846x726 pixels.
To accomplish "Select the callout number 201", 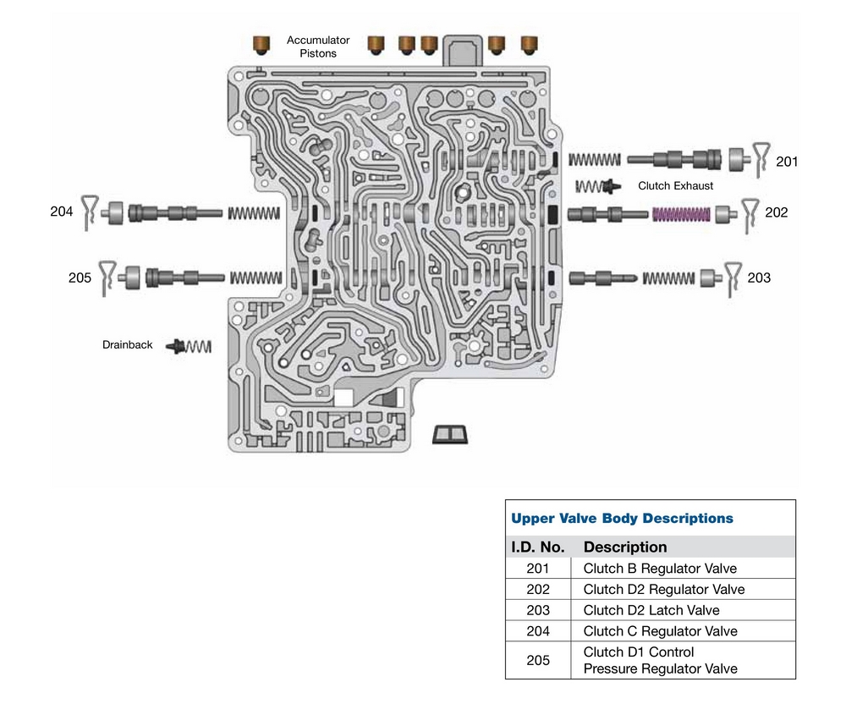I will tap(787, 162).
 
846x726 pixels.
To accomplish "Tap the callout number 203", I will tap(759, 278).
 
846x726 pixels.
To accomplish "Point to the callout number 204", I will tap(62, 213).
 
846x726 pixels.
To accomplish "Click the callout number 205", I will tap(80, 278).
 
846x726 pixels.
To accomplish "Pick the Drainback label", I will tap(128, 345).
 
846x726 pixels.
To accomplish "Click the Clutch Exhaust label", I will tap(675, 186).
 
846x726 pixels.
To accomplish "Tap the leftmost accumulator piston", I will tap(262, 42).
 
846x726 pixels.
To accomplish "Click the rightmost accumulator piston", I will tap(530, 43).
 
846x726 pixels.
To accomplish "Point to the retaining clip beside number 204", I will tap(91, 213).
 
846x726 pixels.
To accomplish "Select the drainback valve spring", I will tap(199, 346).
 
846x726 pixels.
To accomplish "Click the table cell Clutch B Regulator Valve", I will tap(660, 569).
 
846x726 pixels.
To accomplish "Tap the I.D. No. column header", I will tap(538, 547).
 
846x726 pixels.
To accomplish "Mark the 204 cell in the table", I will tap(538, 631).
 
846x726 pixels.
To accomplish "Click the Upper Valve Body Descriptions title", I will tap(622, 518).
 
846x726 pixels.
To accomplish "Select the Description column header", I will tap(625, 547).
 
